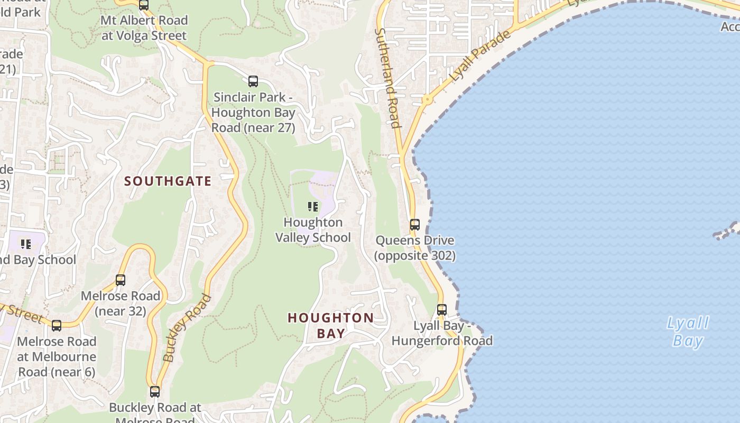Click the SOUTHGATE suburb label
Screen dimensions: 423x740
(x=168, y=181)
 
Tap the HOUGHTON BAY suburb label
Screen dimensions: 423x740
(x=331, y=325)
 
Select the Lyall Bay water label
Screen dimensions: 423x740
(x=688, y=332)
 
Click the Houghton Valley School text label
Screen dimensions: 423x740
(x=313, y=230)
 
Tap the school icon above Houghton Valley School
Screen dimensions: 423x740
(x=313, y=206)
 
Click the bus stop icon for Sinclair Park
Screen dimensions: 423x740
(x=253, y=81)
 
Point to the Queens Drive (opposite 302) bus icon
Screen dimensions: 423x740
(x=415, y=225)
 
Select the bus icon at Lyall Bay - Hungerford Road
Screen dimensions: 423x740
(x=442, y=310)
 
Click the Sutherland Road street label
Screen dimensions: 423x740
(x=387, y=78)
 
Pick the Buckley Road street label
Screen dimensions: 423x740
(x=187, y=328)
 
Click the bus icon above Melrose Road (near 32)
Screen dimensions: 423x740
(x=121, y=280)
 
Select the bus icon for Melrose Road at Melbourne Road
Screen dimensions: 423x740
(x=57, y=326)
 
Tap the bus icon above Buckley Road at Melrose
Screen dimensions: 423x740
(x=155, y=392)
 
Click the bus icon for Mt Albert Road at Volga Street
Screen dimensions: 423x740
(x=144, y=5)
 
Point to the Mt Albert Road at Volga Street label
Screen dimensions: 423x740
(x=144, y=28)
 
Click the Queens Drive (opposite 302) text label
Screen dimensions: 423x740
(x=415, y=248)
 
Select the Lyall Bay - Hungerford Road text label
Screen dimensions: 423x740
(x=442, y=333)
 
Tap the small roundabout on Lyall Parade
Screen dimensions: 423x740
(x=426, y=99)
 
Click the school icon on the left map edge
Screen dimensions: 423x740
(x=25, y=244)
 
